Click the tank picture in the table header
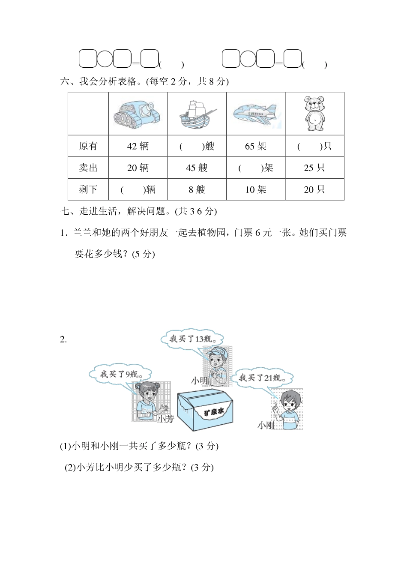(138, 114)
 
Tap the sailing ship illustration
(196, 114)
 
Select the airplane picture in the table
(255, 114)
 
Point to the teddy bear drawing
(314, 114)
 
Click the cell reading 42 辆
(138, 146)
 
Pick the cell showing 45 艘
(197, 168)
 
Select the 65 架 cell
(256, 146)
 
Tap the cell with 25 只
(314, 168)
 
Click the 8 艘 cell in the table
(197, 189)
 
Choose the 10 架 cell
(256, 189)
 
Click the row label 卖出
(88, 168)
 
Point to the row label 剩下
(88, 189)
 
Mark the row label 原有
(88, 146)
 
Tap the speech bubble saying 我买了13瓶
(192, 339)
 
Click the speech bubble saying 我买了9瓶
(121, 374)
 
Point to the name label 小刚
(266, 425)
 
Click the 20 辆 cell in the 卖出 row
(138, 168)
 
